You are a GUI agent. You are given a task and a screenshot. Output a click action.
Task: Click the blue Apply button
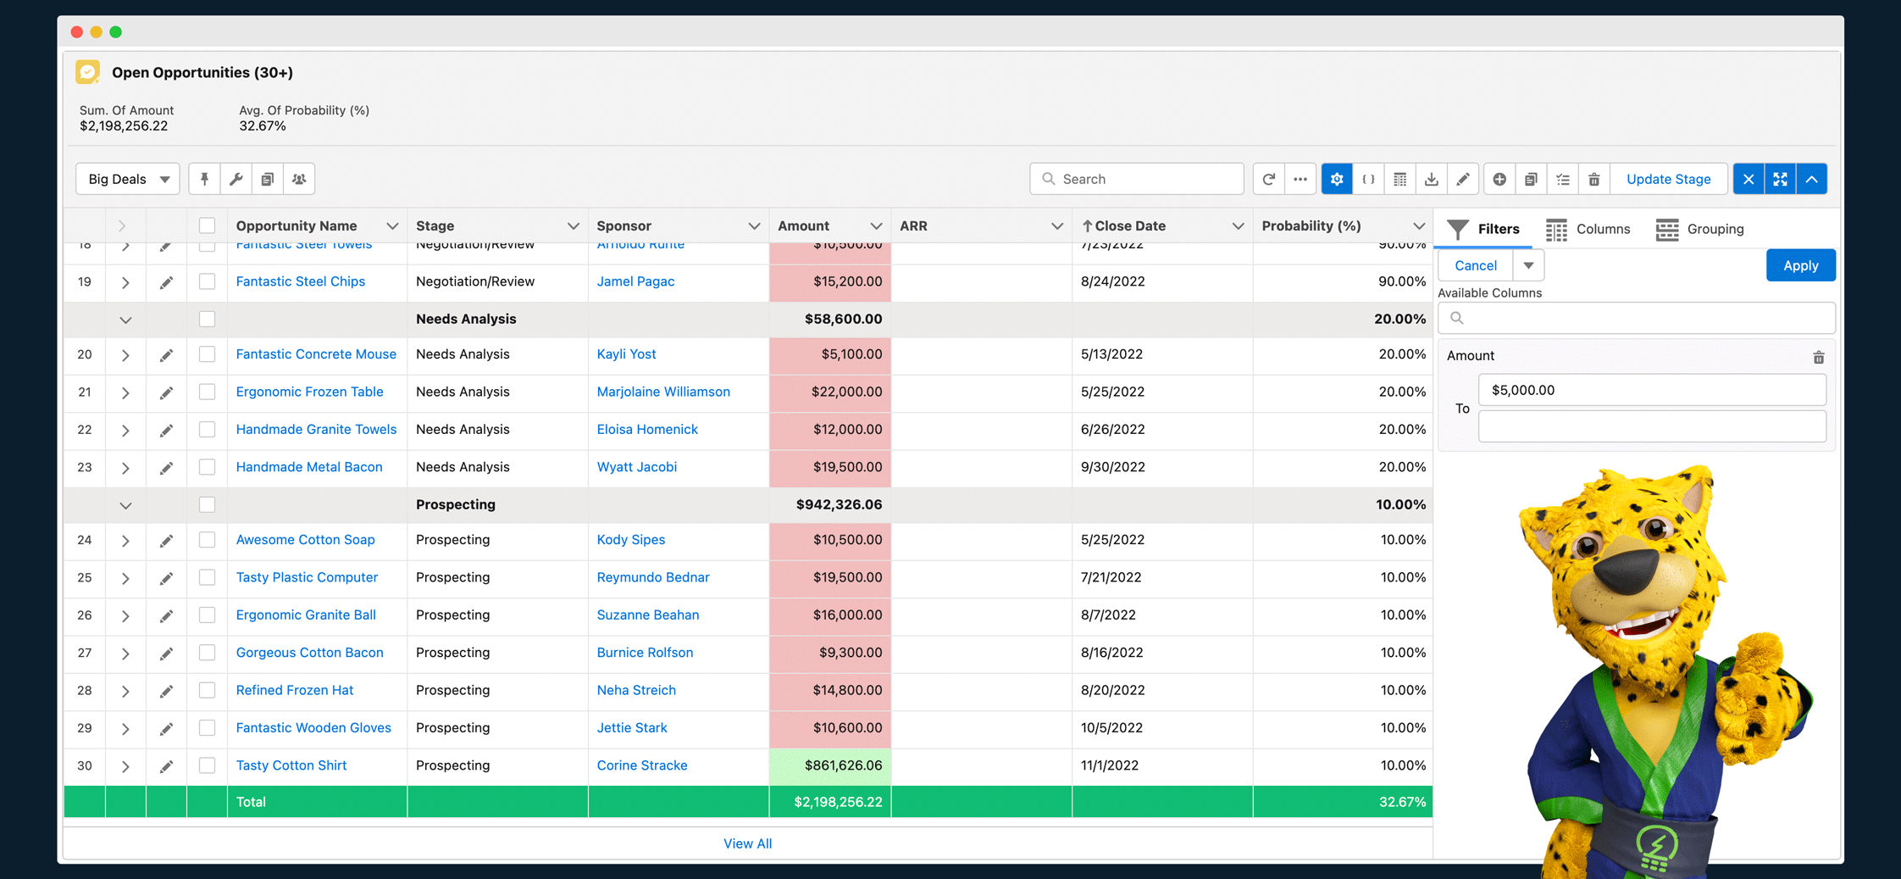(x=1800, y=265)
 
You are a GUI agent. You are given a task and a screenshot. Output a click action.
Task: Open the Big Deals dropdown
(x=128, y=179)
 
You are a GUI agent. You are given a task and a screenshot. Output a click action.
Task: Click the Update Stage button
(x=1668, y=179)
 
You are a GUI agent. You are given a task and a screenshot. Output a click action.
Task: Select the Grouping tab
(x=1700, y=229)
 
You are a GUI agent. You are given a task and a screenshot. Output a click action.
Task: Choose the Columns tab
(x=1588, y=229)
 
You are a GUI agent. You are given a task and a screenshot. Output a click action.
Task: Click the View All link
(x=747, y=843)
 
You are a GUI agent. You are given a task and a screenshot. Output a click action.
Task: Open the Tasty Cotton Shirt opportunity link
(x=291, y=765)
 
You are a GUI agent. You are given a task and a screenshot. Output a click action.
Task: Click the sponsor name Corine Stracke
(x=641, y=765)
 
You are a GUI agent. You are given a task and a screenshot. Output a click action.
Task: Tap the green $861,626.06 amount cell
(x=830, y=765)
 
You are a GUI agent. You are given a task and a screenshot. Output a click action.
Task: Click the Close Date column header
(x=1129, y=225)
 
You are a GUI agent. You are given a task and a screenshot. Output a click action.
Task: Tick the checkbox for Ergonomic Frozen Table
(x=207, y=392)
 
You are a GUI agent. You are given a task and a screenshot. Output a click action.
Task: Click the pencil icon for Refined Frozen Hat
(x=166, y=691)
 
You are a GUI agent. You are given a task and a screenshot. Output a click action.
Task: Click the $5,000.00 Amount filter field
(x=1651, y=390)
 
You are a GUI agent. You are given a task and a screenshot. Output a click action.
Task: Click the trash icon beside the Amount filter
(x=1818, y=357)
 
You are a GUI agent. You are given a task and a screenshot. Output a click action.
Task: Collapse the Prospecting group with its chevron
(x=125, y=505)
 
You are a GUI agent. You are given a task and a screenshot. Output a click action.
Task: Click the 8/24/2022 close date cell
(x=1112, y=281)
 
